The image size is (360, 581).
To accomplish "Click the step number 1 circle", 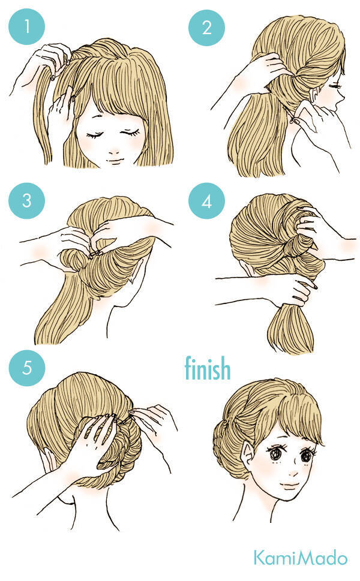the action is coord(26,26).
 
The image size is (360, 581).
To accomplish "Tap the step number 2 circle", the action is coord(206,28).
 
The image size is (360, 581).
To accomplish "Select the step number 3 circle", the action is coord(26,200).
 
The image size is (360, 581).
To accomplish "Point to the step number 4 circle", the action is coord(206,200).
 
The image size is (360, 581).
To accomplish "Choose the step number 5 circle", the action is coord(26,368).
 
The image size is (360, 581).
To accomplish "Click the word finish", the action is coord(208,368).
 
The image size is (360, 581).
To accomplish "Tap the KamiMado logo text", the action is coord(301,558).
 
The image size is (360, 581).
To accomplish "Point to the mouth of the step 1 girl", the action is coord(115,161).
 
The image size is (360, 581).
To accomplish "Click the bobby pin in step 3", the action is coord(95,254).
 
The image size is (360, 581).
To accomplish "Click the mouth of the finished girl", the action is coord(289,484).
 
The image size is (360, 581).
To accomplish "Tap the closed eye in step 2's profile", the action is coord(337,86).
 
